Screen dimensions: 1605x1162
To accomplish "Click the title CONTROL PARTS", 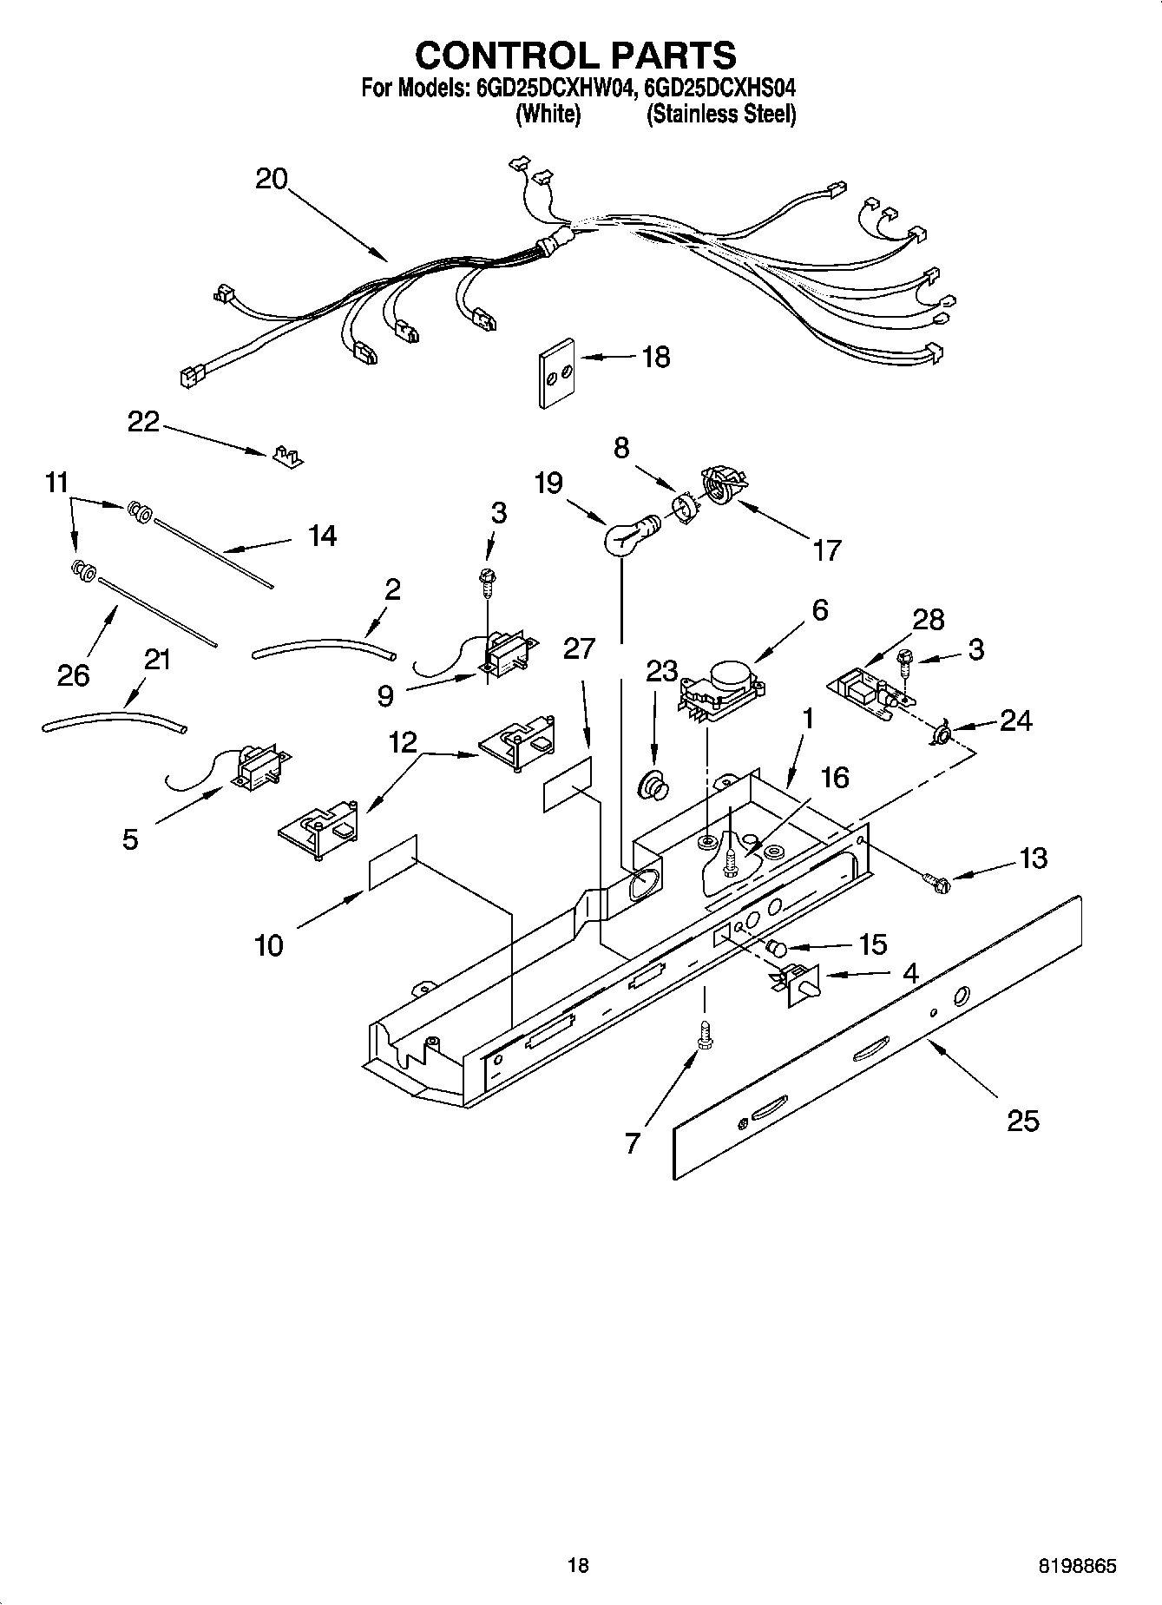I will pos(575,56).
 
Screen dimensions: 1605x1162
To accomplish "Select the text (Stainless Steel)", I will pos(720,114).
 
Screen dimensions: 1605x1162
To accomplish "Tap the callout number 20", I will pos(272,179).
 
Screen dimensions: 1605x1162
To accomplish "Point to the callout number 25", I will pos(1022,1121).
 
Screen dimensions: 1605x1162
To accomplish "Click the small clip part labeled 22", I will pos(287,457).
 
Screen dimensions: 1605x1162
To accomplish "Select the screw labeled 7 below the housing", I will pos(704,1036).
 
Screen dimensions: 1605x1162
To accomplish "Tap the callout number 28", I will pos(928,620).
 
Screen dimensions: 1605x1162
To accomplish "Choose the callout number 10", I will pos(269,945).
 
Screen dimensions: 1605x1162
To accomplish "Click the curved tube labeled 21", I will pos(113,720).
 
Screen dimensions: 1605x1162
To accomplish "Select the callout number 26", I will pos(73,674).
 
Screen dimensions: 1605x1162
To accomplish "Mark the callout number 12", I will pos(403,742).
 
